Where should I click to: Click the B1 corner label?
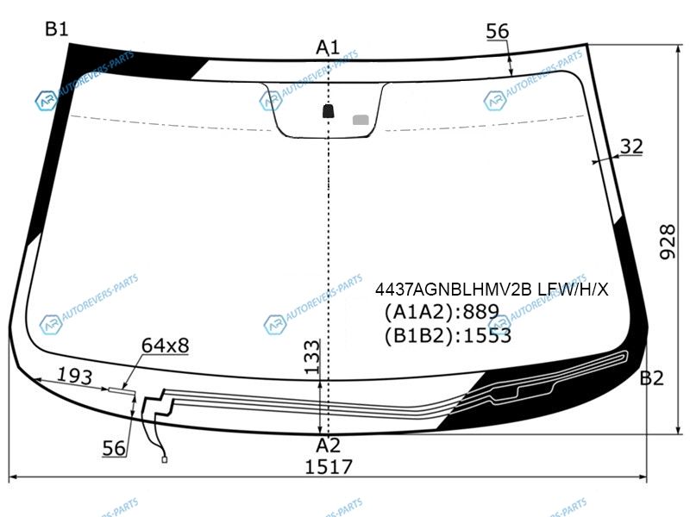[57, 29]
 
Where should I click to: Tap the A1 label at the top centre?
[328, 47]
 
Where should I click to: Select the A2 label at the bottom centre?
[329, 445]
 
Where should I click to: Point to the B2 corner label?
[651, 377]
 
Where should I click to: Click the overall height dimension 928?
[668, 242]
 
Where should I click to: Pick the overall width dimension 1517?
[329, 467]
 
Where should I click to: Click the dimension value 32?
[631, 146]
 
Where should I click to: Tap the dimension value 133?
[311, 357]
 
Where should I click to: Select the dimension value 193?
[75, 376]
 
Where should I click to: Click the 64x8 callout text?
[165, 346]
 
